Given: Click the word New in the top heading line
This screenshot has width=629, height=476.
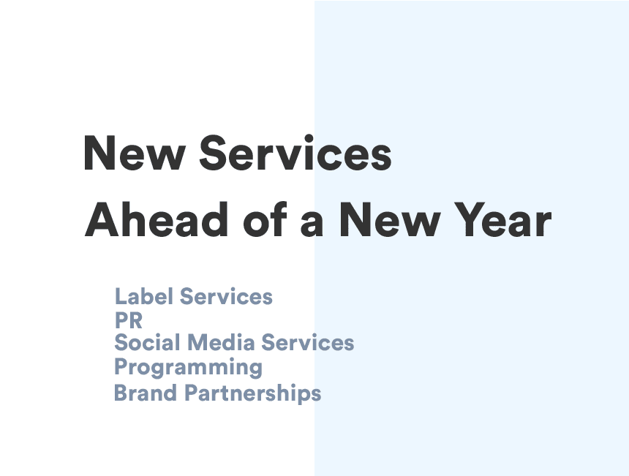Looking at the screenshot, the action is pos(134,154).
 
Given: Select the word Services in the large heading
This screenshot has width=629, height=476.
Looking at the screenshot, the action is pos(295,153).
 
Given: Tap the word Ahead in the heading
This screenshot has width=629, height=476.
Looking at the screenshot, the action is pos(156,220).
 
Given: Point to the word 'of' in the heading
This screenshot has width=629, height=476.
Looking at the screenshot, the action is pos(265,220).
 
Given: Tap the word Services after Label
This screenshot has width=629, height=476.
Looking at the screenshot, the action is pos(226,296).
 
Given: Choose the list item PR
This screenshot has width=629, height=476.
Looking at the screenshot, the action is pos(129,320).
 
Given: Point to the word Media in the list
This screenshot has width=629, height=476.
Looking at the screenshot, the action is pos(221,342).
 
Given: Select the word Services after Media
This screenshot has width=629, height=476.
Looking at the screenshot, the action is pos(308,342).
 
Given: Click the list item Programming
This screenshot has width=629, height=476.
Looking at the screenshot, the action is pos(188,368).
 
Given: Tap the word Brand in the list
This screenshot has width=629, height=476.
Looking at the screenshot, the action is pos(146,393).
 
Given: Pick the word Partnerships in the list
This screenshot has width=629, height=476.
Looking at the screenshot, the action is pos(253,393).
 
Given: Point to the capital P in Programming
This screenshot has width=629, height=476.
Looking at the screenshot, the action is pos(121,366).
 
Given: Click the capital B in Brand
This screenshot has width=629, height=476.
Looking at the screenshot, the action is pos(121,393).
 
